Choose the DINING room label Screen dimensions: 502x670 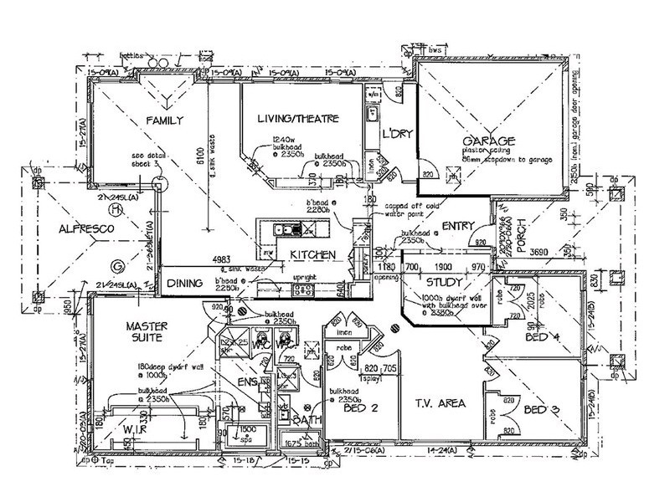pyautogui.click(x=184, y=284)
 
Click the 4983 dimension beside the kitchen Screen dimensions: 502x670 pyautogui.click(x=223, y=259)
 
